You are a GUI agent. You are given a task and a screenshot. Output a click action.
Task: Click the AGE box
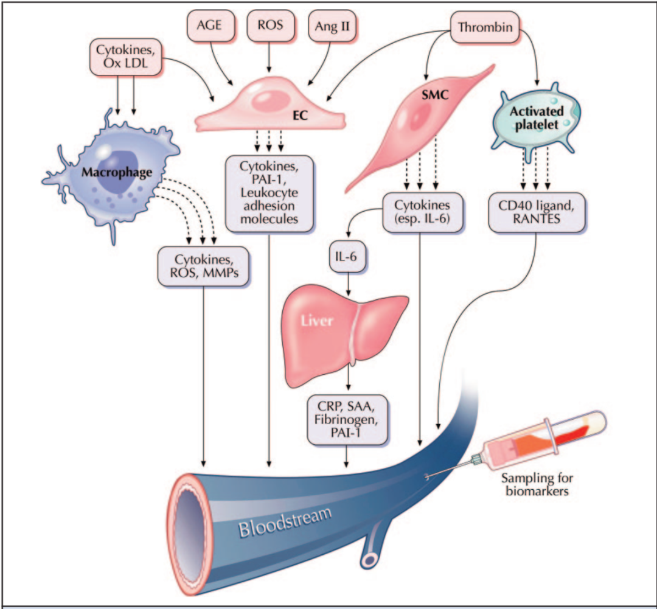(210, 26)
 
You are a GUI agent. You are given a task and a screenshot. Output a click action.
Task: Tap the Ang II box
(331, 26)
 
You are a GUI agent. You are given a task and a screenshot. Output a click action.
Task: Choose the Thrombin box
(484, 27)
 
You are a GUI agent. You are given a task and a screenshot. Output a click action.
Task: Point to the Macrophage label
(116, 173)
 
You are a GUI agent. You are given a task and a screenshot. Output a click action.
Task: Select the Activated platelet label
(536, 117)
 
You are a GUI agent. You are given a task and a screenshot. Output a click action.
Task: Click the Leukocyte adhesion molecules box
(269, 193)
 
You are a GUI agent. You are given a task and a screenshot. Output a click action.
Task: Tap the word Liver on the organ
(317, 319)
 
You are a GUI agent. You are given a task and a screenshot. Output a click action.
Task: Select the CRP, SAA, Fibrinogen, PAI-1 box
(347, 419)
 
